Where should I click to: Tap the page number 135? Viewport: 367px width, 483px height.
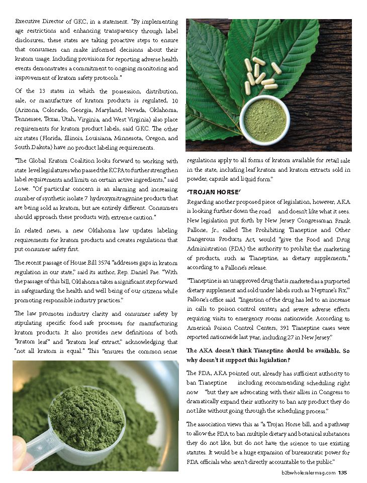pos(342,472)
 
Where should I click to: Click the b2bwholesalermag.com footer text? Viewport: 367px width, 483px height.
pos(308,472)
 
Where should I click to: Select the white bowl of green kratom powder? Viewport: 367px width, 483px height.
pos(264,120)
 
